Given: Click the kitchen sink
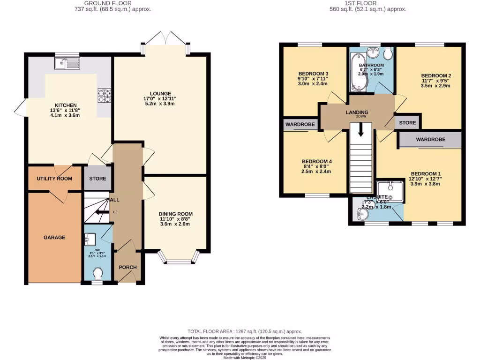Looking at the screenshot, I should [67, 62].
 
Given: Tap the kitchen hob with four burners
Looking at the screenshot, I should [103, 95].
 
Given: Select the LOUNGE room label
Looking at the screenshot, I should [160, 93].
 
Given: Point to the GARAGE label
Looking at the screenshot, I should [54, 238].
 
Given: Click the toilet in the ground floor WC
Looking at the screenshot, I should [98, 273].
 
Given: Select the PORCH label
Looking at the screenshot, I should [127, 268].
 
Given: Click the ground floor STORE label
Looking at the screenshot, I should [98, 179].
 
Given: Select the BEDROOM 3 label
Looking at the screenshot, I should [313, 74].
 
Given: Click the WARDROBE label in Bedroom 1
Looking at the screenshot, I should [430, 140].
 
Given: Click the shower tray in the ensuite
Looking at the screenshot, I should [390, 191].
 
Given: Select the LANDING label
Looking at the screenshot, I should [357, 112].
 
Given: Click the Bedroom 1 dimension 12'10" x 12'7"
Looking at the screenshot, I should [426, 178].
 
